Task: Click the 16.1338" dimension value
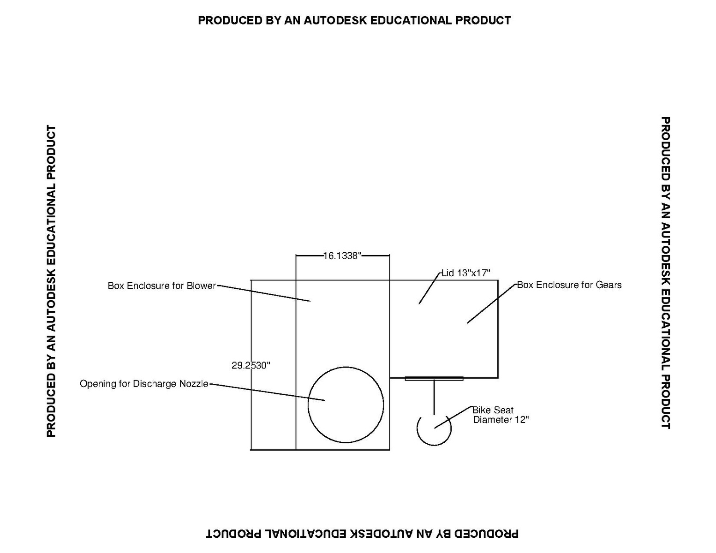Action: tap(342, 256)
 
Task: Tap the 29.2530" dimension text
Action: tap(251, 365)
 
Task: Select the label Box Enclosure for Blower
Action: tap(162, 285)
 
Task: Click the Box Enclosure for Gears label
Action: tap(569, 285)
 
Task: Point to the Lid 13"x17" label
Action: tap(466, 273)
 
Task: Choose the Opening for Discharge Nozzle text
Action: tap(144, 384)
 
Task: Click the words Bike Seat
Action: tap(493, 410)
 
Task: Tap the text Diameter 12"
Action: tap(501, 420)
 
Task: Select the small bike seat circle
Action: tap(434, 445)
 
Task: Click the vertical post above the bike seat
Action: tap(434, 397)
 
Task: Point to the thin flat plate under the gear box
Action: tap(434, 379)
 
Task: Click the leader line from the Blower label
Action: tap(263, 293)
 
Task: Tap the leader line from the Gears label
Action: tap(491, 303)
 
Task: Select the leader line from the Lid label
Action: tap(430, 288)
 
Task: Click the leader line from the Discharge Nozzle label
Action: tap(267, 392)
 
